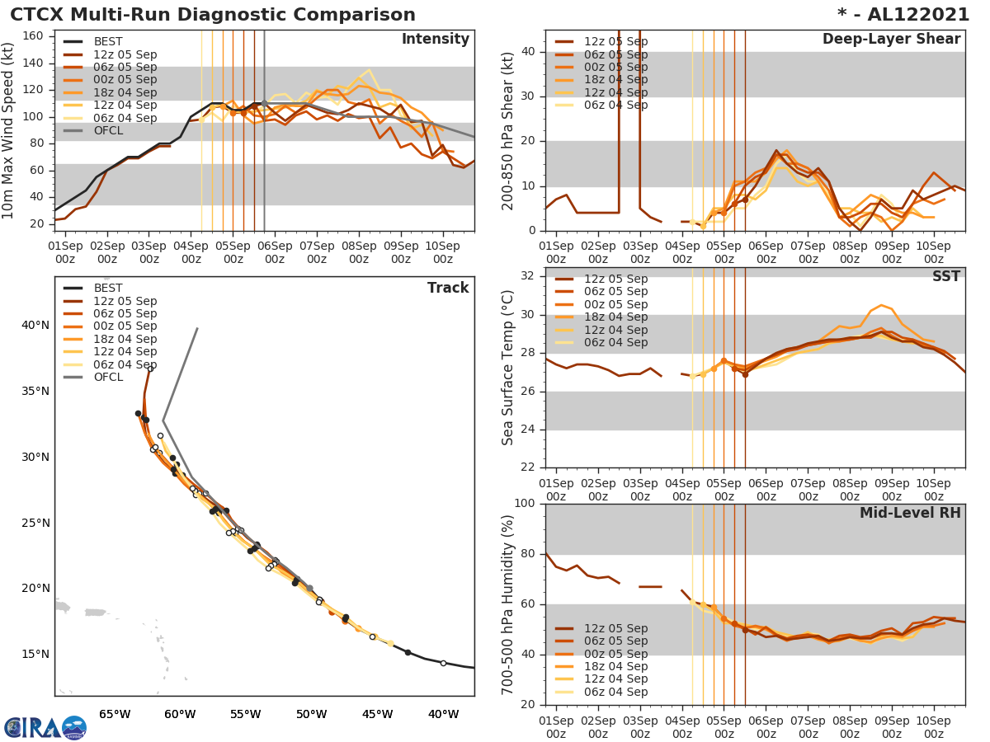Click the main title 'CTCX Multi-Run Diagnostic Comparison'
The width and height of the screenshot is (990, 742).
click(x=213, y=15)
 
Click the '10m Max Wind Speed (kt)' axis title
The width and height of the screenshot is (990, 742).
click(x=10, y=130)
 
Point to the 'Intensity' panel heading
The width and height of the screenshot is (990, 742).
click(x=435, y=40)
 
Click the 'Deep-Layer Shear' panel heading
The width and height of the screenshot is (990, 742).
click(x=891, y=40)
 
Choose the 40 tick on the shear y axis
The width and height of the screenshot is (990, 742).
click(x=530, y=52)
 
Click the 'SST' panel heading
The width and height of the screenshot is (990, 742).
click(x=946, y=277)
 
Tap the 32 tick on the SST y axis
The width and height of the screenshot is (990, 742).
click(x=530, y=276)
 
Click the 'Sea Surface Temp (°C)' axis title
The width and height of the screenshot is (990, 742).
click(x=508, y=368)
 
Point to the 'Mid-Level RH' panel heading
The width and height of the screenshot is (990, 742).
click(x=910, y=514)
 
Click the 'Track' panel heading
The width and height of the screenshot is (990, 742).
click(x=447, y=289)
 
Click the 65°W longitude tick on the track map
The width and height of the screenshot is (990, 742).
click(x=115, y=714)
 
